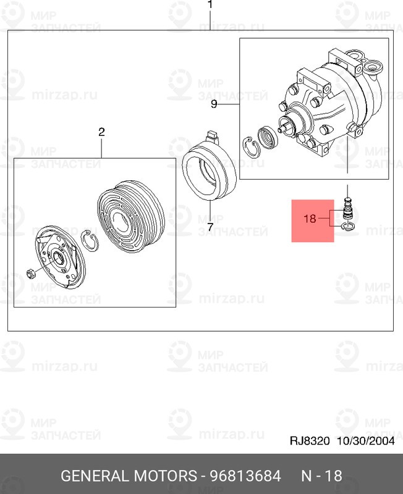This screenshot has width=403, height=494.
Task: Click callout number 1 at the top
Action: tap(210, 4)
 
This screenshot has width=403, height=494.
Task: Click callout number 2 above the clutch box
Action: tap(101, 132)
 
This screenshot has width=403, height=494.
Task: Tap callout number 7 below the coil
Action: tap(210, 227)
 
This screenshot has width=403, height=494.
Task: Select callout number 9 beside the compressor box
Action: tap(214, 104)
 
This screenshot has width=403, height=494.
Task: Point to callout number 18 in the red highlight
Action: tap(310, 218)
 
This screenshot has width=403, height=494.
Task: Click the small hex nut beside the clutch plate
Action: tap(31, 274)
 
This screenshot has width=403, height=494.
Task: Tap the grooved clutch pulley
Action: tap(130, 217)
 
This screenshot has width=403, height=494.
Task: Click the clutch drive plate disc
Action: tap(60, 257)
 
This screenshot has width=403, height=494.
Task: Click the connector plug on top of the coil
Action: tap(211, 136)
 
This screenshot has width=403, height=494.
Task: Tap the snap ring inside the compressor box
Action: tap(251, 147)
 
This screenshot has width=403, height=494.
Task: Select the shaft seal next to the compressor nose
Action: tap(268, 137)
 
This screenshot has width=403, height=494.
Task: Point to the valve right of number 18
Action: tap(347, 209)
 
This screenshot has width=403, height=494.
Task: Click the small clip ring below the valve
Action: tap(348, 226)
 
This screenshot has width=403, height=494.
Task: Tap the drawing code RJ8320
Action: tap(310, 441)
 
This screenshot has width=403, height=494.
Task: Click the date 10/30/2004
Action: tap(366, 441)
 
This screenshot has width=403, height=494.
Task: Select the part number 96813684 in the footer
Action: tap(245, 475)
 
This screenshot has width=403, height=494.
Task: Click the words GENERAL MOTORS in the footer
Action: tap(129, 475)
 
